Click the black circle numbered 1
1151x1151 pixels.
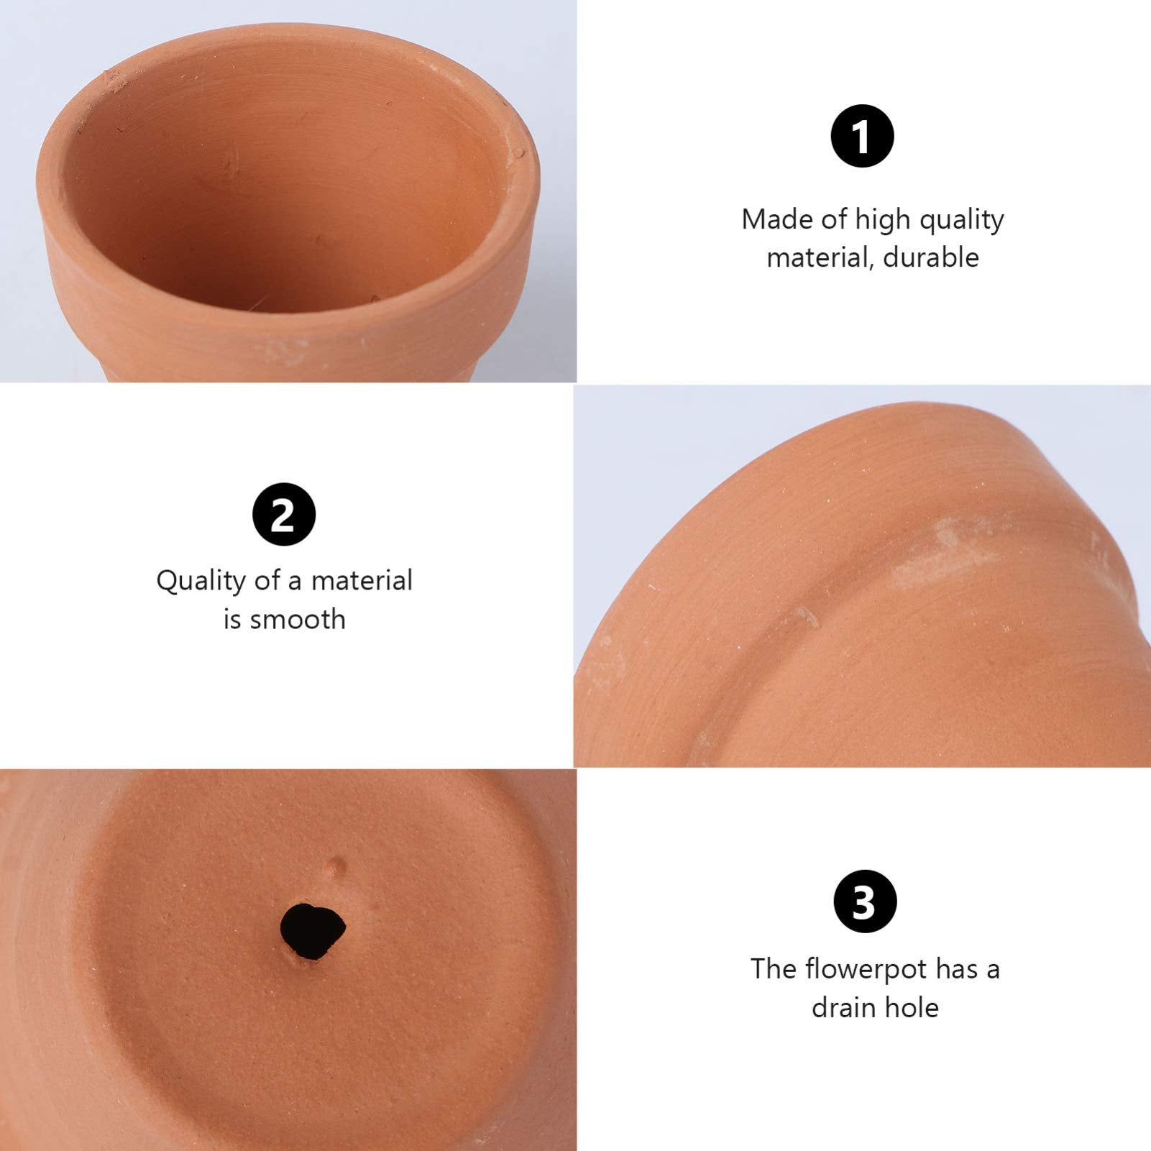click(x=862, y=136)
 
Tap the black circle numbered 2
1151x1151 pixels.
click(x=284, y=514)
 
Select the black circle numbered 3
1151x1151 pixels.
click(x=865, y=901)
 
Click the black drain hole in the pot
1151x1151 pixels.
click(x=312, y=931)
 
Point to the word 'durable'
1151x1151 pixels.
click(x=931, y=257)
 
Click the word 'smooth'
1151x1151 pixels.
click(x=298, y=619)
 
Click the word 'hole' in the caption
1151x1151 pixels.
click(x=912, y=1007)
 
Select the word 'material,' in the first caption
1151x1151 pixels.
click(x=820, y=257)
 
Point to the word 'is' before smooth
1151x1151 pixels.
click(x=231, y=619)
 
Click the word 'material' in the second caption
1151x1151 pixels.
click(x=362, y=580)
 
